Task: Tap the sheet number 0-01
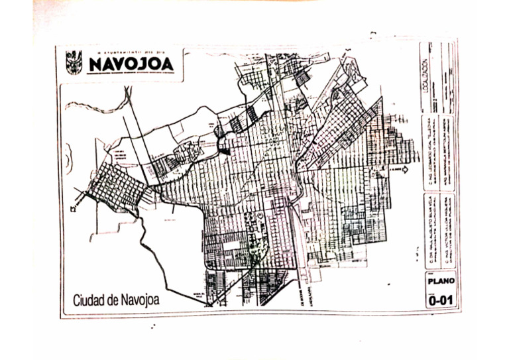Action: click(x=439, y=300)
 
